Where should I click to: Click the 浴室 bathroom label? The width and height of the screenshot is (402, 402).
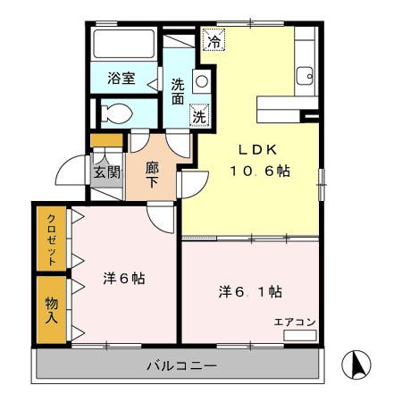tap(121, 78)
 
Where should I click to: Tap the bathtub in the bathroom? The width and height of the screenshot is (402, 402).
tap(124, 45)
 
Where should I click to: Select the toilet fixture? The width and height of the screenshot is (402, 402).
tap(117, 113)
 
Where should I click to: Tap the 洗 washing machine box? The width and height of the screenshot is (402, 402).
tap(200, 115)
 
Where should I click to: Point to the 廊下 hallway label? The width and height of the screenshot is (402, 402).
tap(151, 173)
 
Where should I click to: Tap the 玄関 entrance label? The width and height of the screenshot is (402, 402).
tap(106, 172)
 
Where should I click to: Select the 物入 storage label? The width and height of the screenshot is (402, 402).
tap(53, 309)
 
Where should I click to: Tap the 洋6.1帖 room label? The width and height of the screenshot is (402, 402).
tap(252, 292)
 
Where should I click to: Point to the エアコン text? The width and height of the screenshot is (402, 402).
tap(294, 322)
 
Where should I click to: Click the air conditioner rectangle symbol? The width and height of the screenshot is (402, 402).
tap(298, 335)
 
